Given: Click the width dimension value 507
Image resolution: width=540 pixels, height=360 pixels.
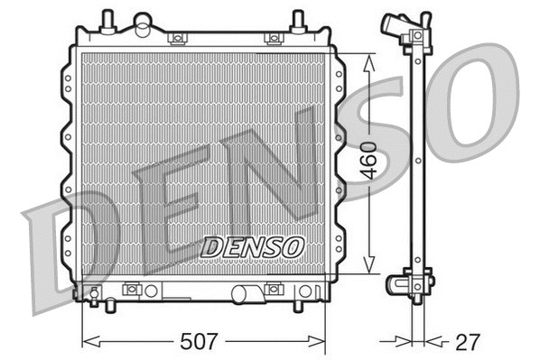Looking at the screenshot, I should point(200,342).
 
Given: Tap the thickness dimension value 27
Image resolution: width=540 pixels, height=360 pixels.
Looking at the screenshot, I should point(468,342).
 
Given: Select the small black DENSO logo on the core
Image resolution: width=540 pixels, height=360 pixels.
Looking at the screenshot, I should point(253,245).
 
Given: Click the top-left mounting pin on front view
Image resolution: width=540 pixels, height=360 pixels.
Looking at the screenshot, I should point(107,19).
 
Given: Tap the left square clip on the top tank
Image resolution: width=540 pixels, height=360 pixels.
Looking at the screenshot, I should point(178,38).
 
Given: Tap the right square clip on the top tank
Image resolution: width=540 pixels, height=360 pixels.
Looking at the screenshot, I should point(272,38).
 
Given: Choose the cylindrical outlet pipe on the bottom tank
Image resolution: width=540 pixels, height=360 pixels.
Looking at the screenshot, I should point(245,293).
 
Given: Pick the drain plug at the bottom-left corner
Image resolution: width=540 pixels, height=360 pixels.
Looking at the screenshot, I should point(94,292).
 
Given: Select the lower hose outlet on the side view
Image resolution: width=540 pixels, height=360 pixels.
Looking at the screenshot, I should point(397,284).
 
